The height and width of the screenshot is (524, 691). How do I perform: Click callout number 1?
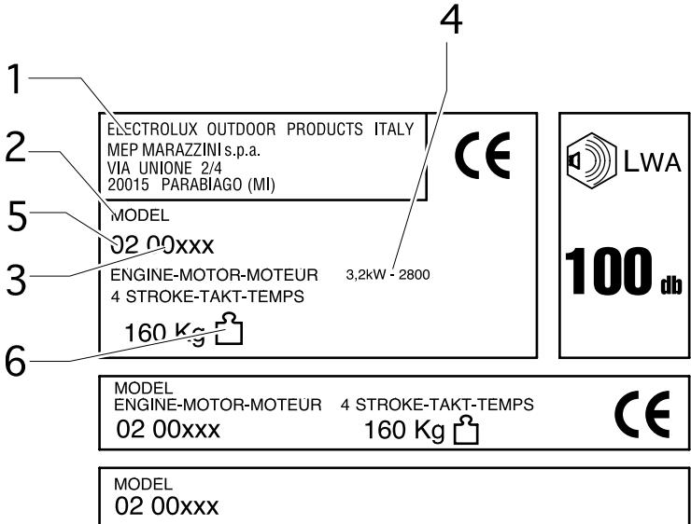tap(15, 79)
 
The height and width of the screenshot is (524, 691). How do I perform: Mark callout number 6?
tap(16, 361)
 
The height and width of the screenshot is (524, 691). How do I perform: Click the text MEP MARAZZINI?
tap(164, 150)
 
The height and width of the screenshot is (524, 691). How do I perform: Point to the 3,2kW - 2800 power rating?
tap(388, 275)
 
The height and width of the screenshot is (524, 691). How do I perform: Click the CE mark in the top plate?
tap(482, 155)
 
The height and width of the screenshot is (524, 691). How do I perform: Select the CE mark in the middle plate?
tap(642, 414)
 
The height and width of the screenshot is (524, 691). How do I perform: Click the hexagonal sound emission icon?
tap(591, 161)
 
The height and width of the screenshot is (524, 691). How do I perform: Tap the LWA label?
tap(652, 162)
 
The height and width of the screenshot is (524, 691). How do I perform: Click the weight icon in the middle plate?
tap(466, 430)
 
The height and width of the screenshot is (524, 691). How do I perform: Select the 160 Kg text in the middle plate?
tap(404, 430)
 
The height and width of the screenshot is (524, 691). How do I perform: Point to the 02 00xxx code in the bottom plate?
tap(166, 506)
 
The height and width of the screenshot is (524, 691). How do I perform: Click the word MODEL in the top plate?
tap(140, 215)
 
